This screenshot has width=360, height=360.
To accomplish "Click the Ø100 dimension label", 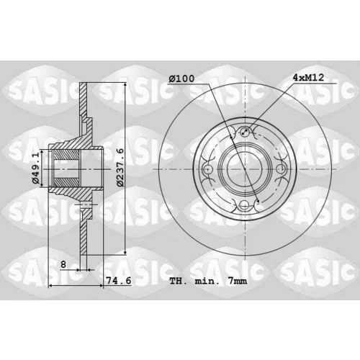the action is coord(181,78).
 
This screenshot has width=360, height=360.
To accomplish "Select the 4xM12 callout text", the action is coord(308,77).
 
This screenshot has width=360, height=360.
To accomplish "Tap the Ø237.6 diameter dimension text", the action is coord(120,167).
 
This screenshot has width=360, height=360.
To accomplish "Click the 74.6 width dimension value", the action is coord(119,280).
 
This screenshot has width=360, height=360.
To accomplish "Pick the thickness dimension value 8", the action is coord(63,264).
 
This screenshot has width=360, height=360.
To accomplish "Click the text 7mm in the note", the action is coord(238,281).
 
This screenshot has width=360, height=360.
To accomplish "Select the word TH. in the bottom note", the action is coord(178,281).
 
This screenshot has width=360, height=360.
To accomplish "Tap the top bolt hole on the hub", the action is coord(245,131).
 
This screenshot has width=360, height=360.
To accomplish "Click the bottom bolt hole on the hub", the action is coord(245,204).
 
